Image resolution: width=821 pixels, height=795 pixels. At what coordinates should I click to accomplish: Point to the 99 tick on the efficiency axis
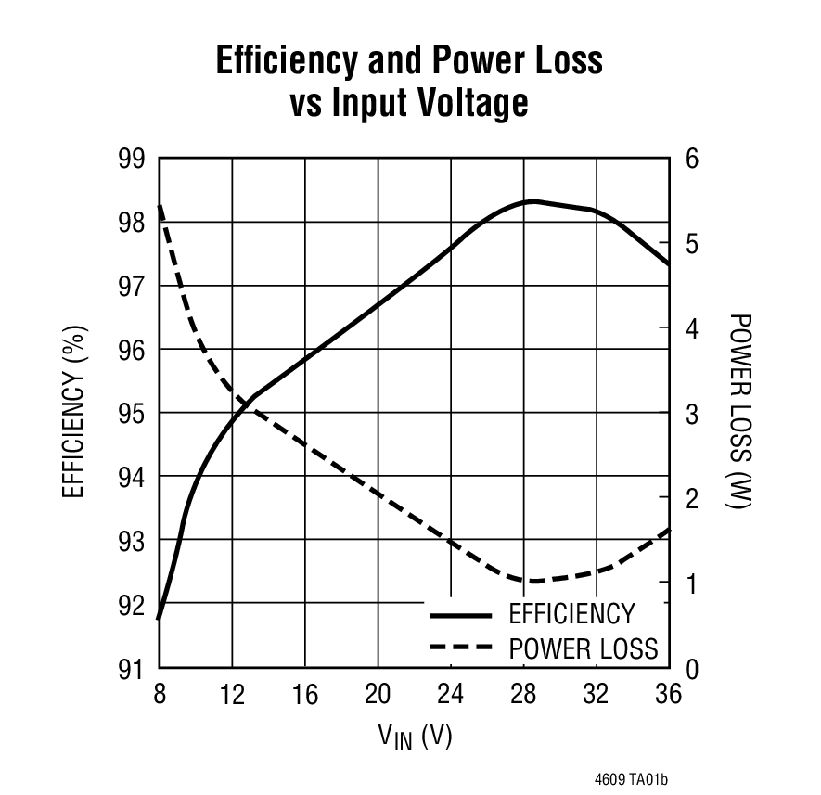[x=133, y=159]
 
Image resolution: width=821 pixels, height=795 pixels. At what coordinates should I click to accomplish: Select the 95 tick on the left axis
[x=133, y=413]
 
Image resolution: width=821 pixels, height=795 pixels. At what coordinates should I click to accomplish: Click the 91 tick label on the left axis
[x=133, y=668]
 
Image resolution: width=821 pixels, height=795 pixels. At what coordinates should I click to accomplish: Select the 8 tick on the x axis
[x=160, y=694]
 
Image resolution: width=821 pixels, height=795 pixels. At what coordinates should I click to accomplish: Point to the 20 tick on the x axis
[x=378, y=694]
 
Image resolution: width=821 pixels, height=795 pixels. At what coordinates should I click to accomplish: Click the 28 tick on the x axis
[x=523, y=694]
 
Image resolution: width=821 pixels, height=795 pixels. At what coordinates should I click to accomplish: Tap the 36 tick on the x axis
[x=668, y=694]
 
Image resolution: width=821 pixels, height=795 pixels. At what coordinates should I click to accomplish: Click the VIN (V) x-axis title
[x=414, y=737]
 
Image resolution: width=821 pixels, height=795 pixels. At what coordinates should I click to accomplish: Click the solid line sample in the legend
[x=460, y=615]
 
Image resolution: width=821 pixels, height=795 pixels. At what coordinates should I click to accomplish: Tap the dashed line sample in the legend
[x=460, y=648]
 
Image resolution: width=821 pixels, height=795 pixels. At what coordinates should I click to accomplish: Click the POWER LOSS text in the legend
[x=583, y=648]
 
